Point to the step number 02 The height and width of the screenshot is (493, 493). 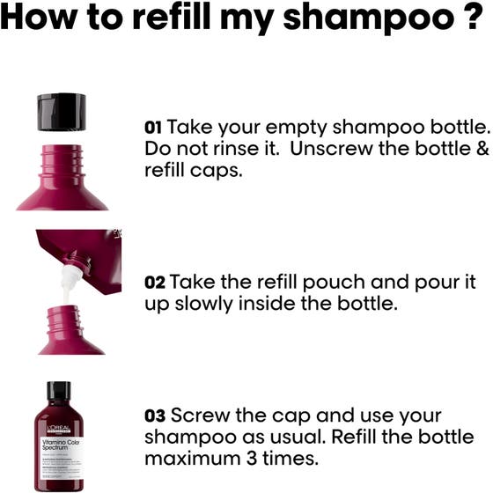pyautogui.click(x=154, y=283)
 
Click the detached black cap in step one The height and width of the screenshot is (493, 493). pyautogui.click(x=61, y=111)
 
